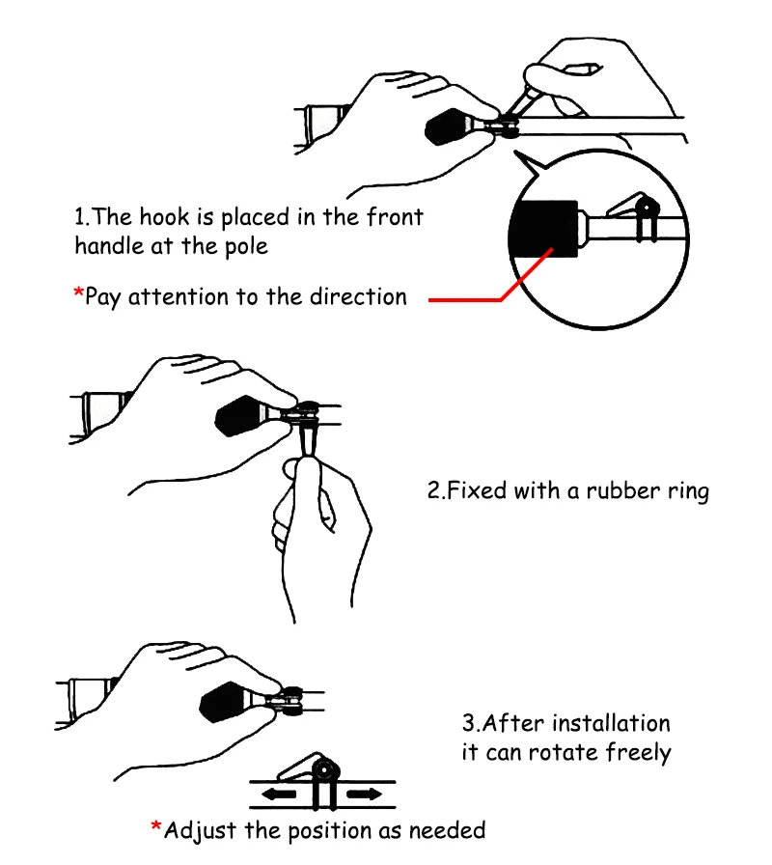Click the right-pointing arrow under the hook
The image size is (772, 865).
coord(364,795)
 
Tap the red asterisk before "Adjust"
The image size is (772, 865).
coord(155,826)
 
